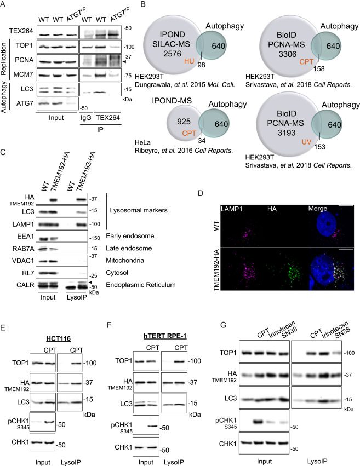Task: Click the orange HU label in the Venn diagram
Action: click(x=189, y=61)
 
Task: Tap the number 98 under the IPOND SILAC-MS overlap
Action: click(x=201, y=65)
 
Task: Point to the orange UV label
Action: click(x=306, y=141)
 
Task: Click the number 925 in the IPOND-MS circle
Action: click(x=184, y=122)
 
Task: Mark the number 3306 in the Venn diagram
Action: click(x=288, y=54)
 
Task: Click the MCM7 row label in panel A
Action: click(x=24, y=74)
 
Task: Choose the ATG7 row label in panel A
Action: click(x=25, y=103)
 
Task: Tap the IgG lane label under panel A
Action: click(x=86, y=118)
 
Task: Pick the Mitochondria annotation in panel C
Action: click(x=125, y=260)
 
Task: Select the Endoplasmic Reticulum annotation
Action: click(x=141, y=285)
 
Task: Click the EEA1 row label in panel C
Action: click(x=26, y=236)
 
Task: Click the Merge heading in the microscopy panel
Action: click(x=317, y=208)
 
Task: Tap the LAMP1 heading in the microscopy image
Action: click(x=232, y=209)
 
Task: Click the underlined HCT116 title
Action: click(x=58, y=338)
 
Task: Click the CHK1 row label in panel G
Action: click(x=228, y=444)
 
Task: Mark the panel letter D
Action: click(x=201, y=193)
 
